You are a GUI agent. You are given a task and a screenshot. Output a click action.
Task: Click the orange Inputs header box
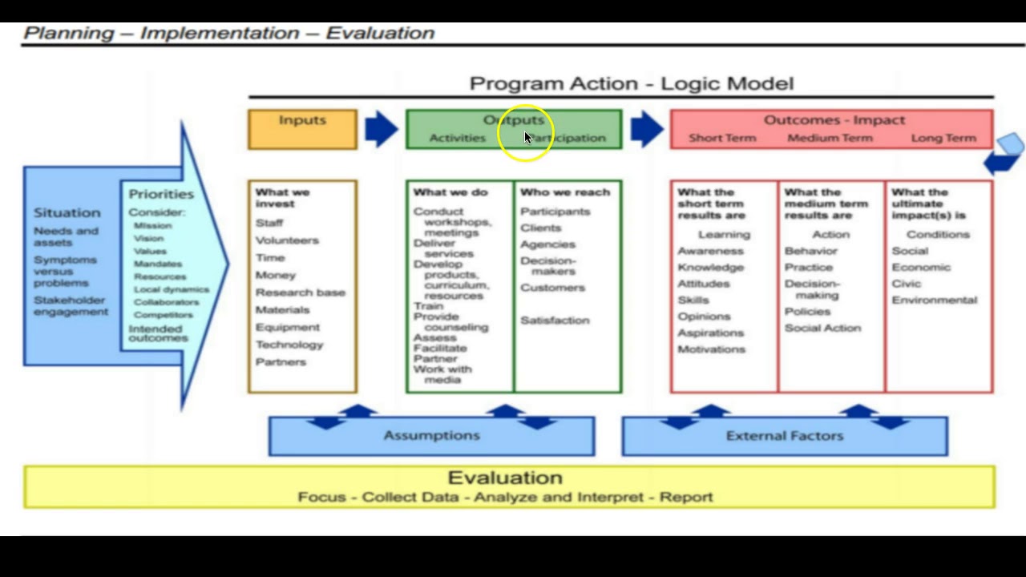pyautogui.click(x=302, y=129)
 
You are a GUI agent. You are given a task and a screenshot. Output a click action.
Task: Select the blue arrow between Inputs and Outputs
pyautogui.click(x=381, y=129)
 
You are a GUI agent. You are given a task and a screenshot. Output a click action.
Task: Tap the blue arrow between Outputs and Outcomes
pyautogui.click(x=646, y=129)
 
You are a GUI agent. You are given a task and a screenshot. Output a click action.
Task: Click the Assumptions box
pyautogui.click(x=431, y=436)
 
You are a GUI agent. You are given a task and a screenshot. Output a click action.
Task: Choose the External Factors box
pyautogui.click(x=784, y=436)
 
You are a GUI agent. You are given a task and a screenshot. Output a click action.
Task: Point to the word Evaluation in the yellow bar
pyautogui.click(x=505, y=478)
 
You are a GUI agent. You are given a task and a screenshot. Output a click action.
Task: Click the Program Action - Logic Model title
pyautogui.click(x=631, y=83)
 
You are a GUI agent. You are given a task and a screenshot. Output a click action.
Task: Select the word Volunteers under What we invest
pyautogui.click(x=287, y=240)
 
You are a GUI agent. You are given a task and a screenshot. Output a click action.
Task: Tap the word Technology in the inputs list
pyautogui.click(x=289, y=345)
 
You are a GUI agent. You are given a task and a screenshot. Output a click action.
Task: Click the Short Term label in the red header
pyautogui.click(x=722, y=138)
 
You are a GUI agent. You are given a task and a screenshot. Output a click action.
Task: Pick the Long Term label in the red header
pyautogui.click(x=943, y=138)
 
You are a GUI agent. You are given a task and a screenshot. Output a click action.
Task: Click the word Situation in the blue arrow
pyautogui.click(x=67, y=213)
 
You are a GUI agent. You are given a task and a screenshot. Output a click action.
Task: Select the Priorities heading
pyautogui.click(x=161, y=194)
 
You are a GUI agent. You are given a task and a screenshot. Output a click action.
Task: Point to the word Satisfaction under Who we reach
pyautogui.click(x=555, y=321)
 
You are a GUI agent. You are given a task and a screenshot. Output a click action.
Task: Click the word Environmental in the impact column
pyautogui.click(x=934, y=301)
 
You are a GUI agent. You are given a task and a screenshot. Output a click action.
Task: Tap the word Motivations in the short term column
pyautogui.click(x=711, y=349)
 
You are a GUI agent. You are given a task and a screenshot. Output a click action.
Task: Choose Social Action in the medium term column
pyautogui.click(x=822, y=328)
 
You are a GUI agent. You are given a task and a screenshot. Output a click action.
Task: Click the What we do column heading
pyautogui.click(x=450, y=192)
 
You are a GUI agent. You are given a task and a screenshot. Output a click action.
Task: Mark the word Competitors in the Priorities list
pyautogui.click(x=164, y=315)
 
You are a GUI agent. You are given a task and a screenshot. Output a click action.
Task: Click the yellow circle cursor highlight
pyautogui.click(x=525, y=135)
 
